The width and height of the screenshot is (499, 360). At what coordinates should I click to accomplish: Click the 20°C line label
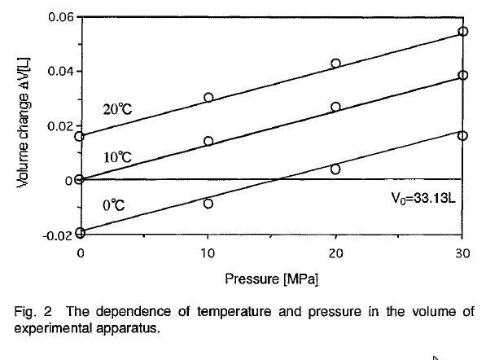[117, 110]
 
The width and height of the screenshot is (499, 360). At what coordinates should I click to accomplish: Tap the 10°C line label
[116, 156]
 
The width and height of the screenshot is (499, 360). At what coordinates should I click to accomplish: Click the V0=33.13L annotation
[422, 196]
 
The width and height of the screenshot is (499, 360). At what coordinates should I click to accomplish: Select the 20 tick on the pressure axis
[335, 253]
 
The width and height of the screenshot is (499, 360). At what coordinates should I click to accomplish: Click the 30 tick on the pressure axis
[462, 253]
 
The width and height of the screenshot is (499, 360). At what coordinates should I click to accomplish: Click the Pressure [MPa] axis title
[272, 279]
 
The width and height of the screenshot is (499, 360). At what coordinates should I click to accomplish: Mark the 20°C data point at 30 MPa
[463, 32]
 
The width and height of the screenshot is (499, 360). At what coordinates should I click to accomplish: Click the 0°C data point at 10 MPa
[208, 204]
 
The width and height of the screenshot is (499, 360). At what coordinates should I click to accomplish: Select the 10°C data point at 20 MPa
[335, 107]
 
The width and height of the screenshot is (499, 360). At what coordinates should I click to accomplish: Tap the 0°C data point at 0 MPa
[80, 232]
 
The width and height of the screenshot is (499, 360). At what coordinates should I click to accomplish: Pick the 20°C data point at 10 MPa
[208, 97]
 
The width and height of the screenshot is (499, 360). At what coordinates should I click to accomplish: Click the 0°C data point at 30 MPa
[463, 135]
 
